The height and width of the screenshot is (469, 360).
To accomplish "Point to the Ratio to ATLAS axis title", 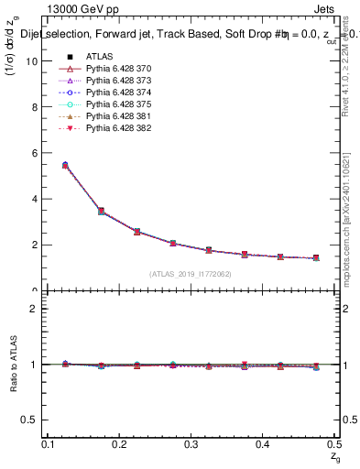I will click(12, 366).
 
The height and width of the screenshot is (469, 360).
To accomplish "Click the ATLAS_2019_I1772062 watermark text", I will click(191, 273).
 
